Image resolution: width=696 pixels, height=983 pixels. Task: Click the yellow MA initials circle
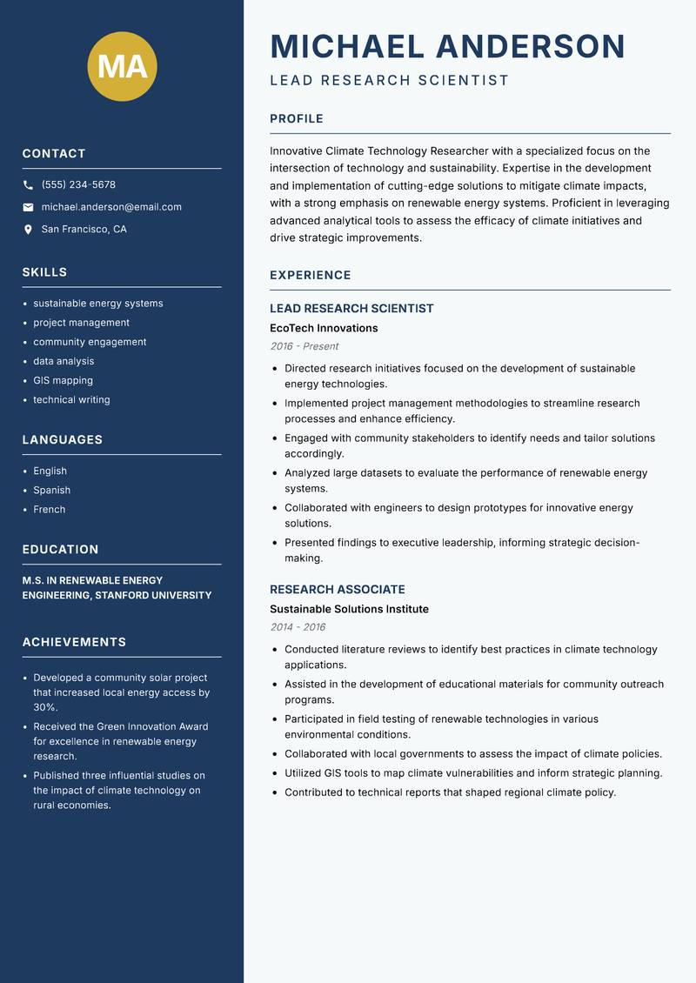pos(123,66)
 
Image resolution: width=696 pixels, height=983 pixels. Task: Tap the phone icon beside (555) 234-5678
pos(29,185)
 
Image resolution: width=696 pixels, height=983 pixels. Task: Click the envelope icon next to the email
pos(29,207)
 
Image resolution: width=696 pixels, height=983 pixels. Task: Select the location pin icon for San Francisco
pos(29,230)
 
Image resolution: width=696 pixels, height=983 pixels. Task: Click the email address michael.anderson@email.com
pos(111,207)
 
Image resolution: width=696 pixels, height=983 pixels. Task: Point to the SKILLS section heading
pos(44,272)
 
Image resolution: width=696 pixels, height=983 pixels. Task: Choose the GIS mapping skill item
pos(63,380)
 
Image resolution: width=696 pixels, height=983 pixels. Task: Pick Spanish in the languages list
pos(51,490)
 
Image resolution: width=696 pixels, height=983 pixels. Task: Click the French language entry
pos(49,509)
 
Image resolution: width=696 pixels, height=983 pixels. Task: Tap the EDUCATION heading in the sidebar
pos(60,550)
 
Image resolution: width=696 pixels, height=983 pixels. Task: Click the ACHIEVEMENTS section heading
pos(74,642)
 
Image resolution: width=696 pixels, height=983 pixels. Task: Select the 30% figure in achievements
pos(45,708)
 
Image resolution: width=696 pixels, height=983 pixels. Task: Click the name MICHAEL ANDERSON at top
pos(447,46)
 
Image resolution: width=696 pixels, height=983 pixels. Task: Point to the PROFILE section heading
pos(296,119)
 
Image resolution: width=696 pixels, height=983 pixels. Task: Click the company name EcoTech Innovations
pos(324,328)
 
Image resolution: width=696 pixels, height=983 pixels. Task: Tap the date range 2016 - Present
pos(304,346)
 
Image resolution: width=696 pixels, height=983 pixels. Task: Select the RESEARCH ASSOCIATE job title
pos(337,589)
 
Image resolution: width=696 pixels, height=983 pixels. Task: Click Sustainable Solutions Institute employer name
pos(349,609)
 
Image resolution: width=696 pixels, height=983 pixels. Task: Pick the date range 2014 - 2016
pos(298,627)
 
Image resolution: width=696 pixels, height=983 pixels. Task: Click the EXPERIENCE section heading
pos(310,275)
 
